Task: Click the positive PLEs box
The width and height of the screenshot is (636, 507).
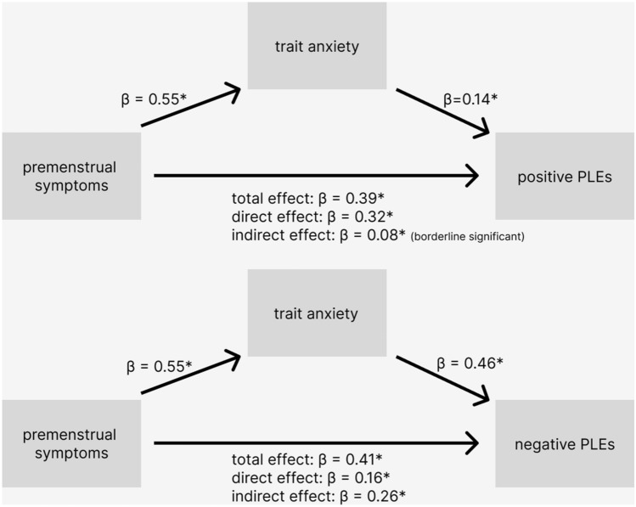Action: [565, 176]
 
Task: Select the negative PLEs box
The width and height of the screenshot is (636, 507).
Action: [565, 443]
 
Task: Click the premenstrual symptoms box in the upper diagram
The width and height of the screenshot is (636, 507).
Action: [70, 176]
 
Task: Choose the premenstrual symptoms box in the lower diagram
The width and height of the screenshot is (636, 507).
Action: [70, 443]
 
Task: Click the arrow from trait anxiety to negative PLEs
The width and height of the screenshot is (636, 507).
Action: [442, 375]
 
